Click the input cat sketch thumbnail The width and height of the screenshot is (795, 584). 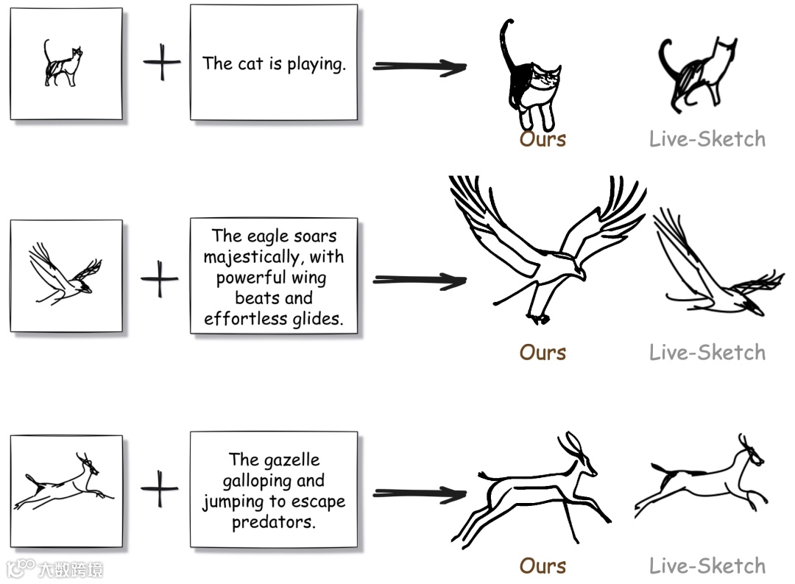(66, 63)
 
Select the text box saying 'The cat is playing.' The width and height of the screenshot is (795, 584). (274, 63)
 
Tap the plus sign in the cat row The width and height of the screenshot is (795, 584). (161, 64)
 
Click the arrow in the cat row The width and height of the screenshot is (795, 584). (419, 67)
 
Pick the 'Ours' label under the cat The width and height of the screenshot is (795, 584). (543, 139)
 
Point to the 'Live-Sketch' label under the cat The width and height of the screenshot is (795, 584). (707, 139)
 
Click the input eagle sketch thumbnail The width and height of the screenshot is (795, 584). (66, 276)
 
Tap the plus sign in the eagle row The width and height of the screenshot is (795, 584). (160, 279)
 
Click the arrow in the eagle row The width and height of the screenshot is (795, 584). (419, 280)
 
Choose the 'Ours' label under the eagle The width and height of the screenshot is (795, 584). (543, 352)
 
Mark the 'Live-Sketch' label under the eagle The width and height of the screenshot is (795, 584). (707, 352)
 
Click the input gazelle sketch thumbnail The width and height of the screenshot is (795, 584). (66, 490)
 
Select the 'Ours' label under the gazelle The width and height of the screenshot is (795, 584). (543, 566)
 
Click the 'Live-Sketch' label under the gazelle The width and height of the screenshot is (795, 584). (707, 566)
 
